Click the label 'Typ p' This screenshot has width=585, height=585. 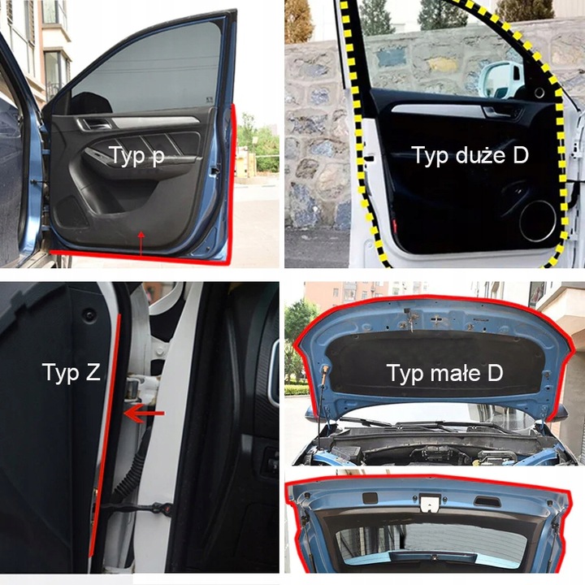[x=136, y=156]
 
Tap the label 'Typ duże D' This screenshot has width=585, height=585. [x=470, y=155]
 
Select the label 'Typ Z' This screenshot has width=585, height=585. [x=71, y=372]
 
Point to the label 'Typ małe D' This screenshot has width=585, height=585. [x=444, y=373]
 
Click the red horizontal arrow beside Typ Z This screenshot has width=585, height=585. [x=144, y=414]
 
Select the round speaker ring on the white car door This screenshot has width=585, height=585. [x=538, y=221]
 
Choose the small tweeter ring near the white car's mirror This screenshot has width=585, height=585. [x=539, y=93]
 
